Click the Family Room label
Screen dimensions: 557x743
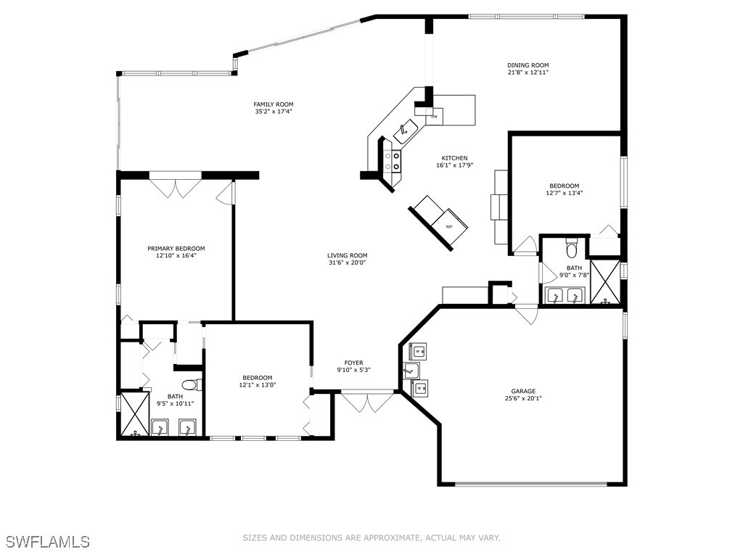coord(274,104)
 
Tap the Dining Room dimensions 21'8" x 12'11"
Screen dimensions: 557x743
coord(528,73)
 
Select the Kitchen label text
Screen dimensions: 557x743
coord(455,158)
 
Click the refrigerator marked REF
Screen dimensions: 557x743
coord(448,226)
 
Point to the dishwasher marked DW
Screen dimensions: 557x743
coord(435,116)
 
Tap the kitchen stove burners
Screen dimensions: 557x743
coord(392,161)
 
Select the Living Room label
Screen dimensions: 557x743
coord(347,255)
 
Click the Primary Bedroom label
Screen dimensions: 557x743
coord(176,248)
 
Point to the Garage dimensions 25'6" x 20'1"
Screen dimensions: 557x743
coord(523,398)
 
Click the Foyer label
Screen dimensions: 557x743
coord(354,363)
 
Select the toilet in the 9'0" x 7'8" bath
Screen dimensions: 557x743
coord(571,249)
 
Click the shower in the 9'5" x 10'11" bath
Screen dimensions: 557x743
coord(134,415)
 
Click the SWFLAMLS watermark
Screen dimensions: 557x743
coord(48,542)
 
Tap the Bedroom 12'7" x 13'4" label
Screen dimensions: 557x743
coord(564,186)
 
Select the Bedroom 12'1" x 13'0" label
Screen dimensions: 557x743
coord(258,378)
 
